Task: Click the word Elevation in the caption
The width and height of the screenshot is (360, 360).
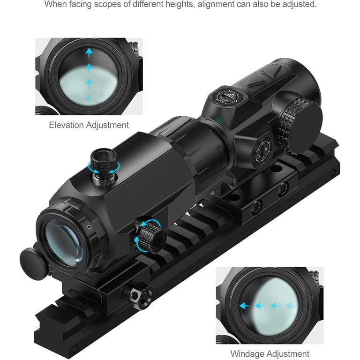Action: (x=67, y=125)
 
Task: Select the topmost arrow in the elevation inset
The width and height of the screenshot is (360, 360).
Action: (x=89, y=53)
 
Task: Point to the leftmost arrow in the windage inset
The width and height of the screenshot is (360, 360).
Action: (x=245, y=306)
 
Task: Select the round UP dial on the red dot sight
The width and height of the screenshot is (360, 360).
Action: (x=228, y=97)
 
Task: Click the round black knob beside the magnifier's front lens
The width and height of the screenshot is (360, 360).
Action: (x=33, y=263)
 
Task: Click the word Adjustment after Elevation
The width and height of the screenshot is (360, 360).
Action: (x=107, y=125)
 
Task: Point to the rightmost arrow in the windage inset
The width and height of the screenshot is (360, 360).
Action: (x=291, y=306)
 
